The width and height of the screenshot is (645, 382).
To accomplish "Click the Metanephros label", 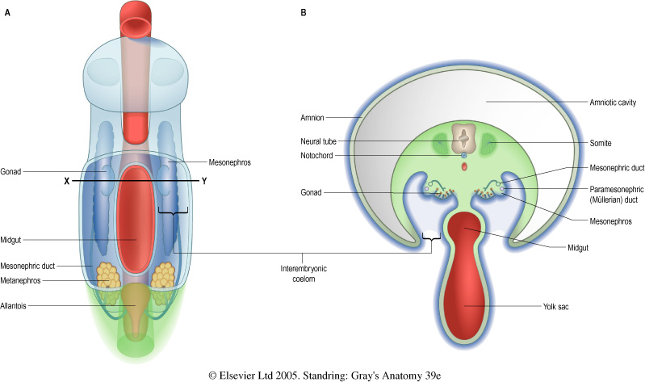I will pos(24,280).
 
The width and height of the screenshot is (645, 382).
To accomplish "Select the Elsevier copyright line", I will pos(323,374).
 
